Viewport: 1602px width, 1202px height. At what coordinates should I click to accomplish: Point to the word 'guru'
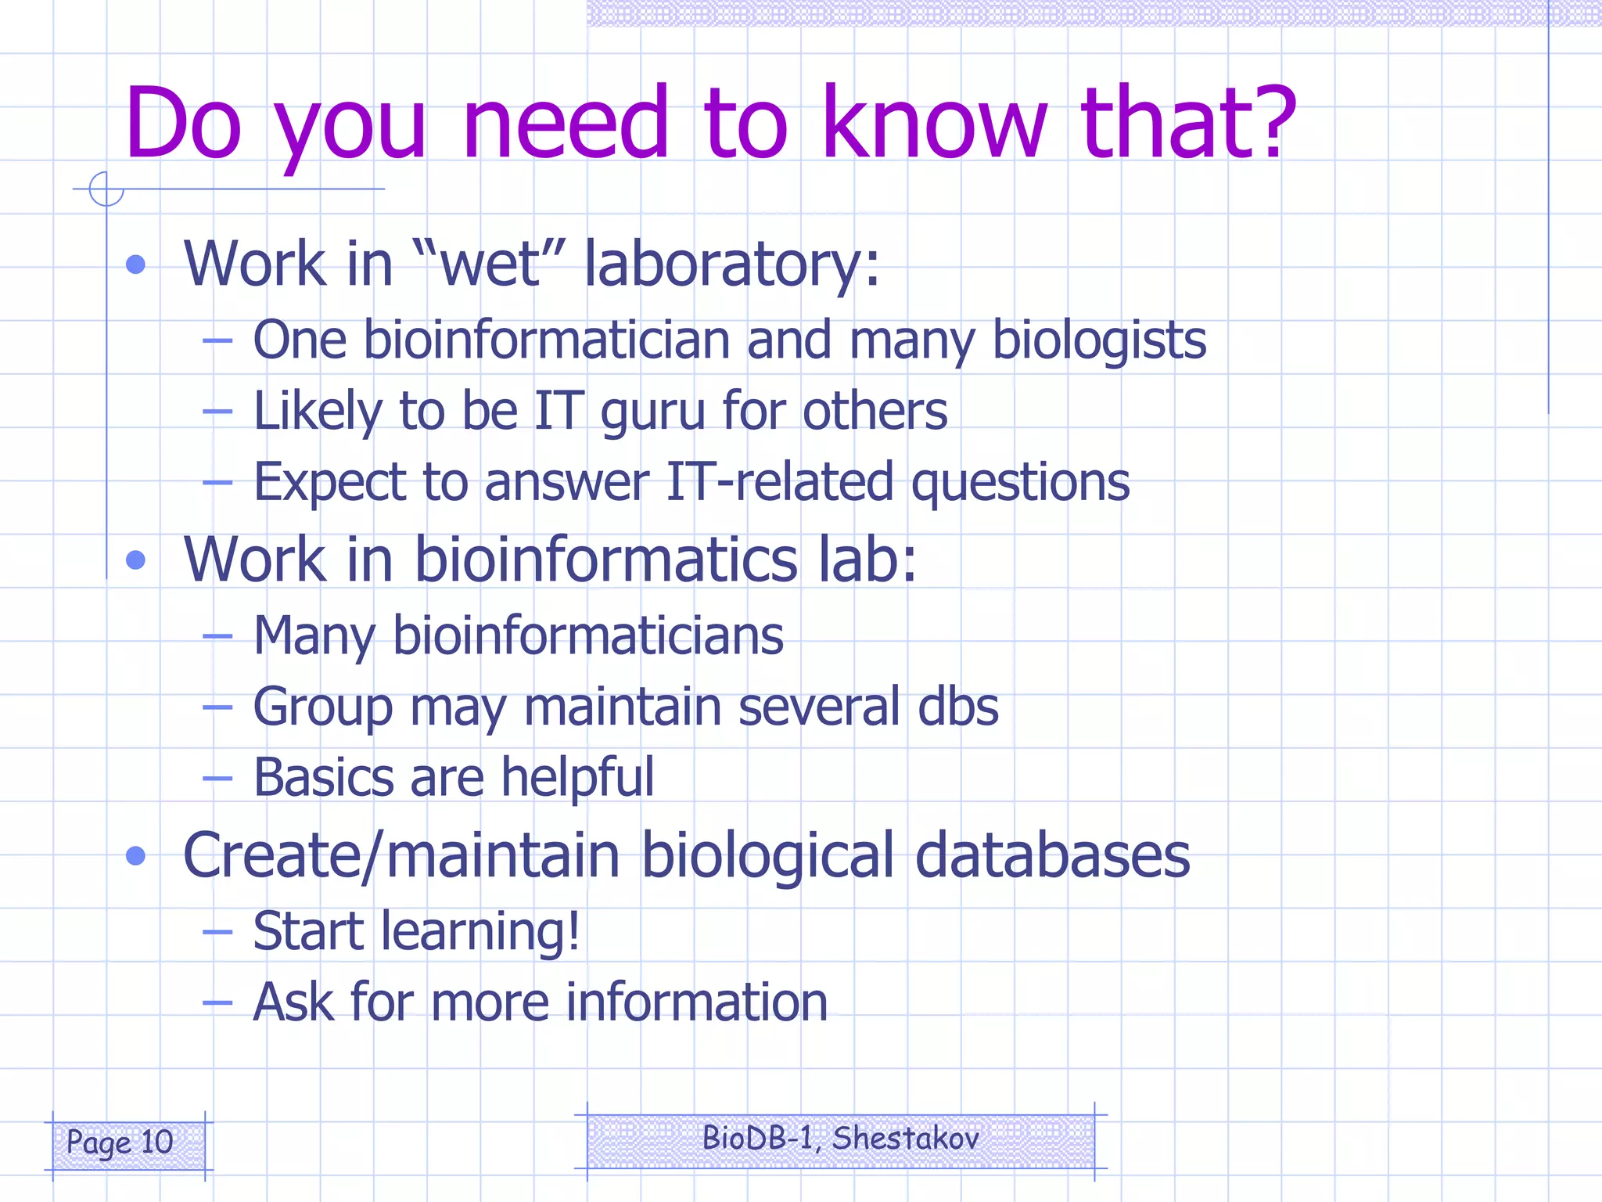click(652, 412)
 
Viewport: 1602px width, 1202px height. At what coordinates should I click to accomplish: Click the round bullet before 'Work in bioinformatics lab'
click(136, 560)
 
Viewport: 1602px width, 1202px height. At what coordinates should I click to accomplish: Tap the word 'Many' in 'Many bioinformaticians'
click(315, 636)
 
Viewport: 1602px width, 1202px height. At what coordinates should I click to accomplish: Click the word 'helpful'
click(577, 778)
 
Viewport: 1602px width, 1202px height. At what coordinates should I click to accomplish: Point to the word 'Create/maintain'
click(401, 855)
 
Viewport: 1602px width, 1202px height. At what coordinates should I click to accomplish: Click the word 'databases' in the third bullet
click(1052, 855)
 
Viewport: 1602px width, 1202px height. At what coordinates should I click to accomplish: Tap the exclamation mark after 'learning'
click(573, 930)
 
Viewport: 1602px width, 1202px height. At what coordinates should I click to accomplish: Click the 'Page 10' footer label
click(120, 1143)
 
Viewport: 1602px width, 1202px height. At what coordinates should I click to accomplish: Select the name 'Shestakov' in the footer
click(905, 1138)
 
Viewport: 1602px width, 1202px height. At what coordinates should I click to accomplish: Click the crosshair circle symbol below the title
click(106, 189)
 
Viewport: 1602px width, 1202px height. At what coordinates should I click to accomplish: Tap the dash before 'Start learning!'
click(217, 932)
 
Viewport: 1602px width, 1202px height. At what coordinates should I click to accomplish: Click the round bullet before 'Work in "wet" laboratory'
click(136, 265)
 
